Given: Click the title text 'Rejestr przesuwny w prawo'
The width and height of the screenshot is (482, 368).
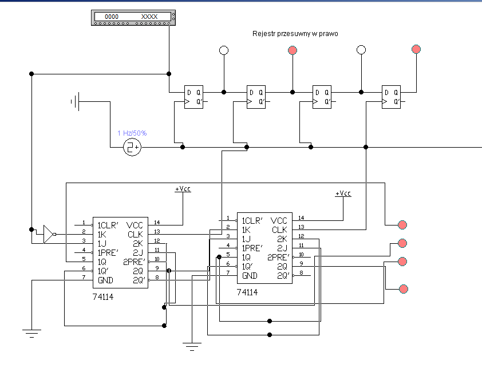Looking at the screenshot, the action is pos(295,34).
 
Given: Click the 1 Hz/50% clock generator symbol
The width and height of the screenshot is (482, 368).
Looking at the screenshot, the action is pos(132,147).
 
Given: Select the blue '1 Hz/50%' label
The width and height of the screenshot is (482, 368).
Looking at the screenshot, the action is pos(132,133).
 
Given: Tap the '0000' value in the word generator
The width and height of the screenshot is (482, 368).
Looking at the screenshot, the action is pos(112,17).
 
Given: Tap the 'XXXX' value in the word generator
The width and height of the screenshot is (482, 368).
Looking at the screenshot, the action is pos(149,17).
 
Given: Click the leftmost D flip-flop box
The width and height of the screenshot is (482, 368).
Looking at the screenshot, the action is pos(193,97).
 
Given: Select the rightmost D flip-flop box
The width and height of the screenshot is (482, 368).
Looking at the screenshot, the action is pos(391,97).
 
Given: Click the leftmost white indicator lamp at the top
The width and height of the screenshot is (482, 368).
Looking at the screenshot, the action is pos(224,50).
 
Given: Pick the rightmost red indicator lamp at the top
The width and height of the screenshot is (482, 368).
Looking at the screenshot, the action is pos(416,49).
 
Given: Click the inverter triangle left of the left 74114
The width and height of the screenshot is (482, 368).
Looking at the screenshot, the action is pos(49,234).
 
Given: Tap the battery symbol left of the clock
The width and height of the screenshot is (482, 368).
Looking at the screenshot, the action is pos(76,101).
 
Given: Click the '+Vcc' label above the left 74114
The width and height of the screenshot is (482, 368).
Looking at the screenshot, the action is pos(183,189).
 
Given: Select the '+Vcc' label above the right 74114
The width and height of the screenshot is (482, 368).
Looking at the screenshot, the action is pos(343,193).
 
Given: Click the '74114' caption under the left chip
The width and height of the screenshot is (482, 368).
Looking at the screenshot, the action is pos(103,297).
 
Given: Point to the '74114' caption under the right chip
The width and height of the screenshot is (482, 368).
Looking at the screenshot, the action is pos(247,292).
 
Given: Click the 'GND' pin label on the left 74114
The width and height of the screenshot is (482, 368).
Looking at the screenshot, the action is pos(105,280).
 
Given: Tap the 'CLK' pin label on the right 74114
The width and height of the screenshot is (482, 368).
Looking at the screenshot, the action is pos(279,230).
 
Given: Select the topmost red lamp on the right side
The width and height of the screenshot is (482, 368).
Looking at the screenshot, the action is pos(402,225).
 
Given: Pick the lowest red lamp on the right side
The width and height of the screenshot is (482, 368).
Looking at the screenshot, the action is pos(404,289).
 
